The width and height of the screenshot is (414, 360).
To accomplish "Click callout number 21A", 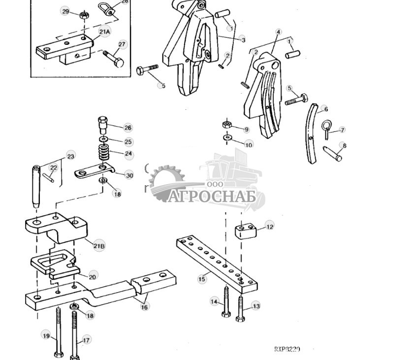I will (x=104, y=32).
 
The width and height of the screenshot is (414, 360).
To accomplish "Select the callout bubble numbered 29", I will (x=65, y=11).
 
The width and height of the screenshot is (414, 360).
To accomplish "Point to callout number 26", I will (x=128, y=128).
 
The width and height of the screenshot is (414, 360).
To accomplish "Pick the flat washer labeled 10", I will (x=228, y=138).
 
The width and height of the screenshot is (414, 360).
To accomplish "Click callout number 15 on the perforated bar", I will (x=202, y=279).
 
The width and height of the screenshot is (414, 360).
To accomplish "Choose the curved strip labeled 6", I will (x=312, y=134).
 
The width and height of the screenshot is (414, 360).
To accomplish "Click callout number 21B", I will (x=99, y=246).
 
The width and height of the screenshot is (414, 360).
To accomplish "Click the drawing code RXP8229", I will (x=287, y=349).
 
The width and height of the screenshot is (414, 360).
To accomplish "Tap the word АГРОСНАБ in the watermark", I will (x=213, y=196).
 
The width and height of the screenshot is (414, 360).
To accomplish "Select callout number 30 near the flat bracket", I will (x=129, y=175).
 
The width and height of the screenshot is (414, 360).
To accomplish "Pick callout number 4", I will (x=278, y=32).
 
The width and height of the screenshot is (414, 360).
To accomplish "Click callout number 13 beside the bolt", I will (x=256, y=306).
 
